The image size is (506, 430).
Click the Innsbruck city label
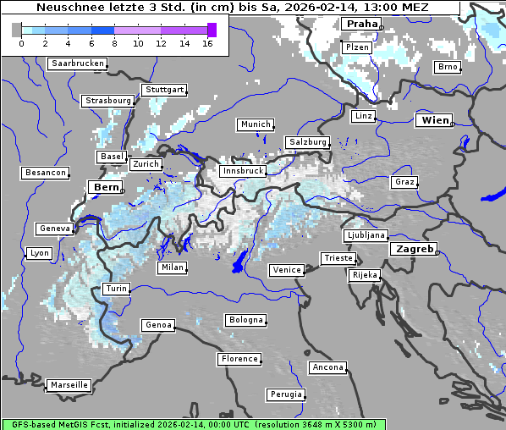242,171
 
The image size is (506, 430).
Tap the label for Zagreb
414,249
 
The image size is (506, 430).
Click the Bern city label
106,186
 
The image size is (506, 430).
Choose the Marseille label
69,385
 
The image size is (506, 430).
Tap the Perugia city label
286,394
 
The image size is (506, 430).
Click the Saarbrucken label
78,63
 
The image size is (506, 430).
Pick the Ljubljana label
366,235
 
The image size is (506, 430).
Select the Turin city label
116,289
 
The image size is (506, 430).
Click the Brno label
447,67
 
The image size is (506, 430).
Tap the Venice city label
286,270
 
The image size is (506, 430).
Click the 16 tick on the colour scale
207,43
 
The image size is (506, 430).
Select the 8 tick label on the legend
115,43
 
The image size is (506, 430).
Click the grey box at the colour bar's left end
16,30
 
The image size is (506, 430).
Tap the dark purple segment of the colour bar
212,30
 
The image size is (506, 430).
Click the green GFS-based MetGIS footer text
193,424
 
